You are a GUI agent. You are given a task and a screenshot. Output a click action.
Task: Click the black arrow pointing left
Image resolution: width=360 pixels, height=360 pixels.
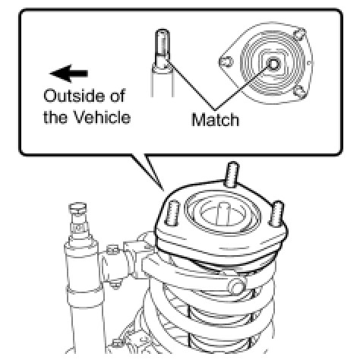click(69, 74)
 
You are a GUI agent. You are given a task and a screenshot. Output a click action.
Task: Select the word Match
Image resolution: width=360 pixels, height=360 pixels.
click(215, 119)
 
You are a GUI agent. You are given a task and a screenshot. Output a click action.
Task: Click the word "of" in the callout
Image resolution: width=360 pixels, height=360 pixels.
click(117, 96)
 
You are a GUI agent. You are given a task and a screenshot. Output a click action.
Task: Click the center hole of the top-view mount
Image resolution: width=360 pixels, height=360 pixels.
click(273, 64)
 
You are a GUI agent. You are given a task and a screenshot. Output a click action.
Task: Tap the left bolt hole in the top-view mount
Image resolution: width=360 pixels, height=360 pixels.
click(226, 62)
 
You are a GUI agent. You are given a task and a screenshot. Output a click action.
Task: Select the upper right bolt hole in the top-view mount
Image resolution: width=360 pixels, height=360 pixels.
click(300, 35)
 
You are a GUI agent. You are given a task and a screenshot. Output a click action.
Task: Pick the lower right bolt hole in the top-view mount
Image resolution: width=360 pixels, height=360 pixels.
click(300, 92)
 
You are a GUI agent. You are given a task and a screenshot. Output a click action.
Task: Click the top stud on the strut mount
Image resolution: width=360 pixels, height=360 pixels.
click(232, 175)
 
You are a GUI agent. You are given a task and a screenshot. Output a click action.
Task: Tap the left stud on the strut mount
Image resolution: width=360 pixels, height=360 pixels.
click(173, 213)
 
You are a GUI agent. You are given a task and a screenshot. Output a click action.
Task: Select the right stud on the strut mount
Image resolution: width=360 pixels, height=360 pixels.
click(276, 213)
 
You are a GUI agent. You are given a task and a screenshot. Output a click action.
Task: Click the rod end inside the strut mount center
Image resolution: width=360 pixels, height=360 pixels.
click(223, 213)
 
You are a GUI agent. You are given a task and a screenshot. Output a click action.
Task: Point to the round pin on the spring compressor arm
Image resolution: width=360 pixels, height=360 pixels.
click(237, 286)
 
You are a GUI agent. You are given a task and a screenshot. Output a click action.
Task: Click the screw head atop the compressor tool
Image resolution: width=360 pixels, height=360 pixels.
click(78, 207)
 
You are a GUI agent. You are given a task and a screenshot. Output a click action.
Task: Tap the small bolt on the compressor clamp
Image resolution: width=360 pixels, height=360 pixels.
click(112, 250)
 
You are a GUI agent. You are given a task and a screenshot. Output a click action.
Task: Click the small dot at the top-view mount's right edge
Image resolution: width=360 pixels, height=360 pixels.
click(309, 63)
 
